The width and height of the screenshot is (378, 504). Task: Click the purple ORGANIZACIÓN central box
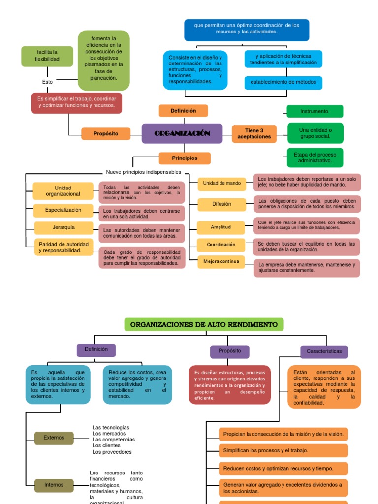click(x=182, y=133)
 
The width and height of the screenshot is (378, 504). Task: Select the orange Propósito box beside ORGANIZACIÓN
click(x=106, y=133)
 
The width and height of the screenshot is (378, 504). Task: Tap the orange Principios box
click(x=185, y=158)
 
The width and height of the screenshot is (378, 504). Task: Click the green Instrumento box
click(x=315, y=111)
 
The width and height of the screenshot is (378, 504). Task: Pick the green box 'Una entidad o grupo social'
click(x=315, y=133)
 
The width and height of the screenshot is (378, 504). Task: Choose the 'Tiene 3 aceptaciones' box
click(x=254, y=133)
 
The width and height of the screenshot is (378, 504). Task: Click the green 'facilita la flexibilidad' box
click(x=47, y=56)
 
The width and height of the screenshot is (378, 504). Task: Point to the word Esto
click(x=47, y=82)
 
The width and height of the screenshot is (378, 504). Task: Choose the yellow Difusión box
click(x=221, y=204)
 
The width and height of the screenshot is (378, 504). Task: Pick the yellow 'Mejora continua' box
click(x=221, y=261)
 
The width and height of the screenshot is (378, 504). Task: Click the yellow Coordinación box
click(x=221, y=245)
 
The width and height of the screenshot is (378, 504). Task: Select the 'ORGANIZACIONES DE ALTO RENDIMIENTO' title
click(x=204, y=325)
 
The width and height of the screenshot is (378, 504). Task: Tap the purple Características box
click(x=324, y=351)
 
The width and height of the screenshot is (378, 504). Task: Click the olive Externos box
click(x=54, y=438)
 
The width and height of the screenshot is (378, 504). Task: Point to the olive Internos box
click(x=54, y=485)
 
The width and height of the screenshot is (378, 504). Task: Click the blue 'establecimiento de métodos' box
click(x=283, y=82)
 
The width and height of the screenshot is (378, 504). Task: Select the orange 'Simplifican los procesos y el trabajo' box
click(x=283, y=450)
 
